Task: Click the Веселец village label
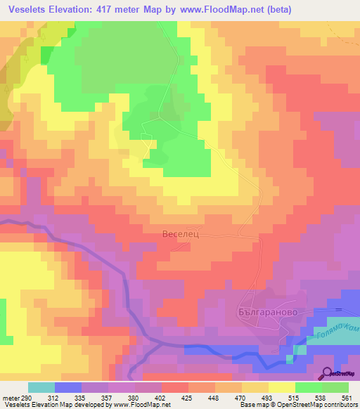181,235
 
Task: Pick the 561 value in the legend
348,398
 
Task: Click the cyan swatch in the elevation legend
41,387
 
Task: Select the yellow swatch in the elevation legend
281,387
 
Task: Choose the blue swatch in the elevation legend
68,387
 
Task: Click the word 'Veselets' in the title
32,10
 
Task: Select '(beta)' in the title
276,10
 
